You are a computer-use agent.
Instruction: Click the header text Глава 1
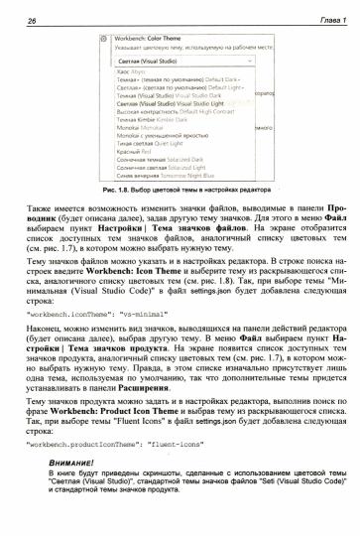click(326, 11)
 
